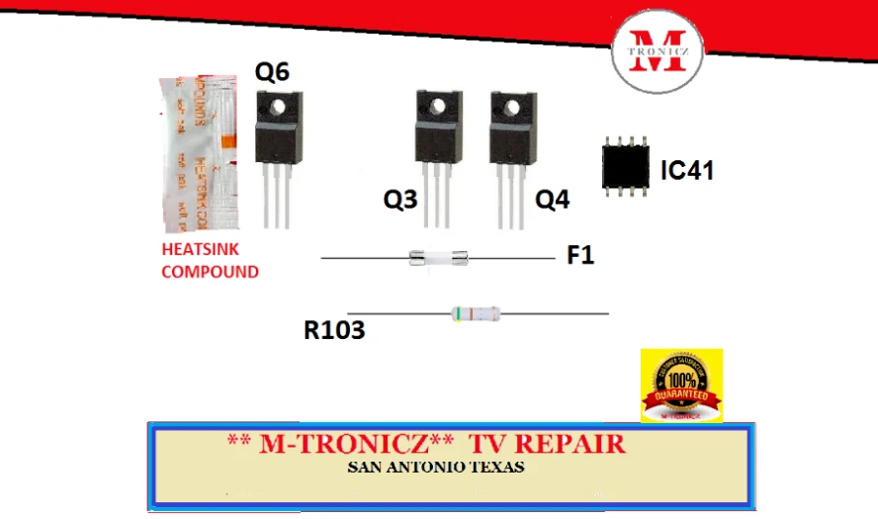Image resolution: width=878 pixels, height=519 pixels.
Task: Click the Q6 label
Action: point(273,72)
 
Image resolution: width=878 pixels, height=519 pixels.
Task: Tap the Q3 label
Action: point(400,201)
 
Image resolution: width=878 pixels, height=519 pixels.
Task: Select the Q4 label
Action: point(553,201)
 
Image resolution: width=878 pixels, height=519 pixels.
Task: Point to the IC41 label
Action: point(686,170)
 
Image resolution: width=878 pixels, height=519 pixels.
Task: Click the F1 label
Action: point(580,256)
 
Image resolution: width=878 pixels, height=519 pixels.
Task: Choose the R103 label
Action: point(334,330)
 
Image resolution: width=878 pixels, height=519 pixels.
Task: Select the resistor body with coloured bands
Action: point(475,314)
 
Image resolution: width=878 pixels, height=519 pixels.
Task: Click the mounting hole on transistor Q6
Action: point(279,105)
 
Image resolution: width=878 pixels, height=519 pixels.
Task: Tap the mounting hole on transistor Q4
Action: point(509,106)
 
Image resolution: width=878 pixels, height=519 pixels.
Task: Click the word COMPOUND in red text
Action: point(210,271)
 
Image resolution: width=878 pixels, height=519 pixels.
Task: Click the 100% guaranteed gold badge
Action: point(681,386)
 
